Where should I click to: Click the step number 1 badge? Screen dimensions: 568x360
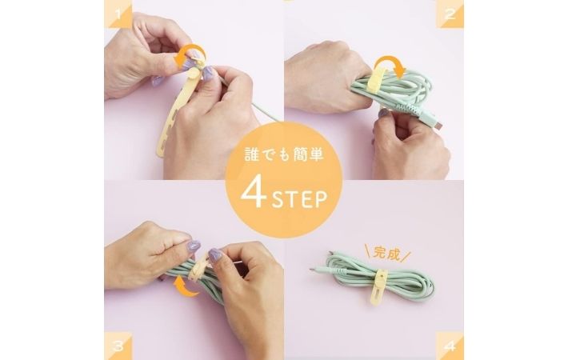pyautogui.click(x=118, y=14)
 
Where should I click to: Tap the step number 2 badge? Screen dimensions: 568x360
pyautogui.click(x=450, y=14)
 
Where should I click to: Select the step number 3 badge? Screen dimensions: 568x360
pyautogui.click(x=118, y=346)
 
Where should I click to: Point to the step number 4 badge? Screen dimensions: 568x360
pyautogui.click(x=450, y=346)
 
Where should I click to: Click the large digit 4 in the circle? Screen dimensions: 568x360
pyautogui.click(x=254, y=194)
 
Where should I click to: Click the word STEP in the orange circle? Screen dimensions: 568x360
pyautogui.click(x=299, y=199)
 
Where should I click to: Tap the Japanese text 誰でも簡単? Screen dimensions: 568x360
pyautogui.click(x=284, y=154)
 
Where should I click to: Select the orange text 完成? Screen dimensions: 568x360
pyautogui.click(x=387, y=254)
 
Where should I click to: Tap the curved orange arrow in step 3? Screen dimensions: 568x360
pyautogui.click(x=186, y=287)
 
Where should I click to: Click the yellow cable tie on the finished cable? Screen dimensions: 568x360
pyautogui.click(x=379, y=287)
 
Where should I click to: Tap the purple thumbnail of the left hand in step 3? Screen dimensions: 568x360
pyautogui.click(x=192, y=247)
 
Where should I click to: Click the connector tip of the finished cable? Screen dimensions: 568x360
pyautogui.click(x=313, y=270)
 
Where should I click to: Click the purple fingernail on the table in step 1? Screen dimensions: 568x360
pyautogui.click(x=158, y=80)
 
